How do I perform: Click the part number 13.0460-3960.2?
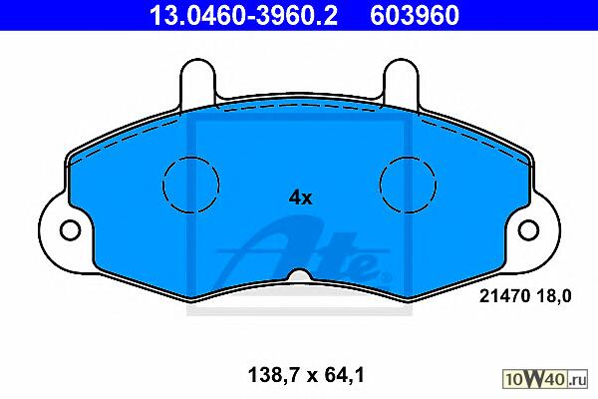coord(243,16)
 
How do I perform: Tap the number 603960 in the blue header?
coord(415,16)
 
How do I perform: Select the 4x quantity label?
coord(300,198)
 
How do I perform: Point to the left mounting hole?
coord(70,229)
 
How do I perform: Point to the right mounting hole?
coord(528,229)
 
